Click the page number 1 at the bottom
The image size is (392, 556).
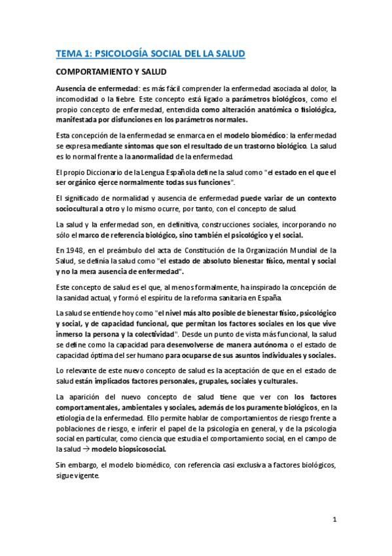click(334, 521)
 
